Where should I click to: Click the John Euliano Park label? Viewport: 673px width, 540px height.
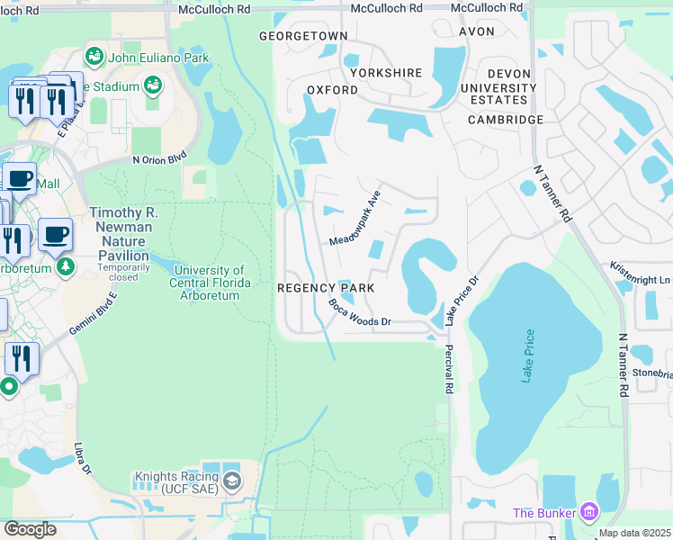tap(158, 58)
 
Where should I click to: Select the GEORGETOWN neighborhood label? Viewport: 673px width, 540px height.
tap(303, 35)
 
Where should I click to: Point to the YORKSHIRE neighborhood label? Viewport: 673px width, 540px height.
tap(386, 72)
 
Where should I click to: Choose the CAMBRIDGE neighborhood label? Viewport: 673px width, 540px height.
tap(506, 119)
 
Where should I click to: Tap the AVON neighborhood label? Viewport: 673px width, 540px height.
tap(477, 31)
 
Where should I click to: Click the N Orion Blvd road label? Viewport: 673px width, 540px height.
tap(159, 159)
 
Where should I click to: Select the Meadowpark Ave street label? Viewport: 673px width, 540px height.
tap(355, 218)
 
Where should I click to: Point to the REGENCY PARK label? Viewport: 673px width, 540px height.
tap(326, 288)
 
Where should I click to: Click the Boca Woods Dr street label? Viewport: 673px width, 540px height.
tap(360, 313)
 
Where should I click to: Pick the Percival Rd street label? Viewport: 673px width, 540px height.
tap(447, 368)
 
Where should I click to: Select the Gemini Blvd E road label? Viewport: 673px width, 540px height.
tap(94, 316)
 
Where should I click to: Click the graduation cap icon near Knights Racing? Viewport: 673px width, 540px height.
tap(232, 481)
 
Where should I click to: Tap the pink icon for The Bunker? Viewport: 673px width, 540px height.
tap(589, 512)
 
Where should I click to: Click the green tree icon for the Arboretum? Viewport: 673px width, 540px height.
tap(65, 267)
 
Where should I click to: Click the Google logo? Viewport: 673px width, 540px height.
tap(31, 528)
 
